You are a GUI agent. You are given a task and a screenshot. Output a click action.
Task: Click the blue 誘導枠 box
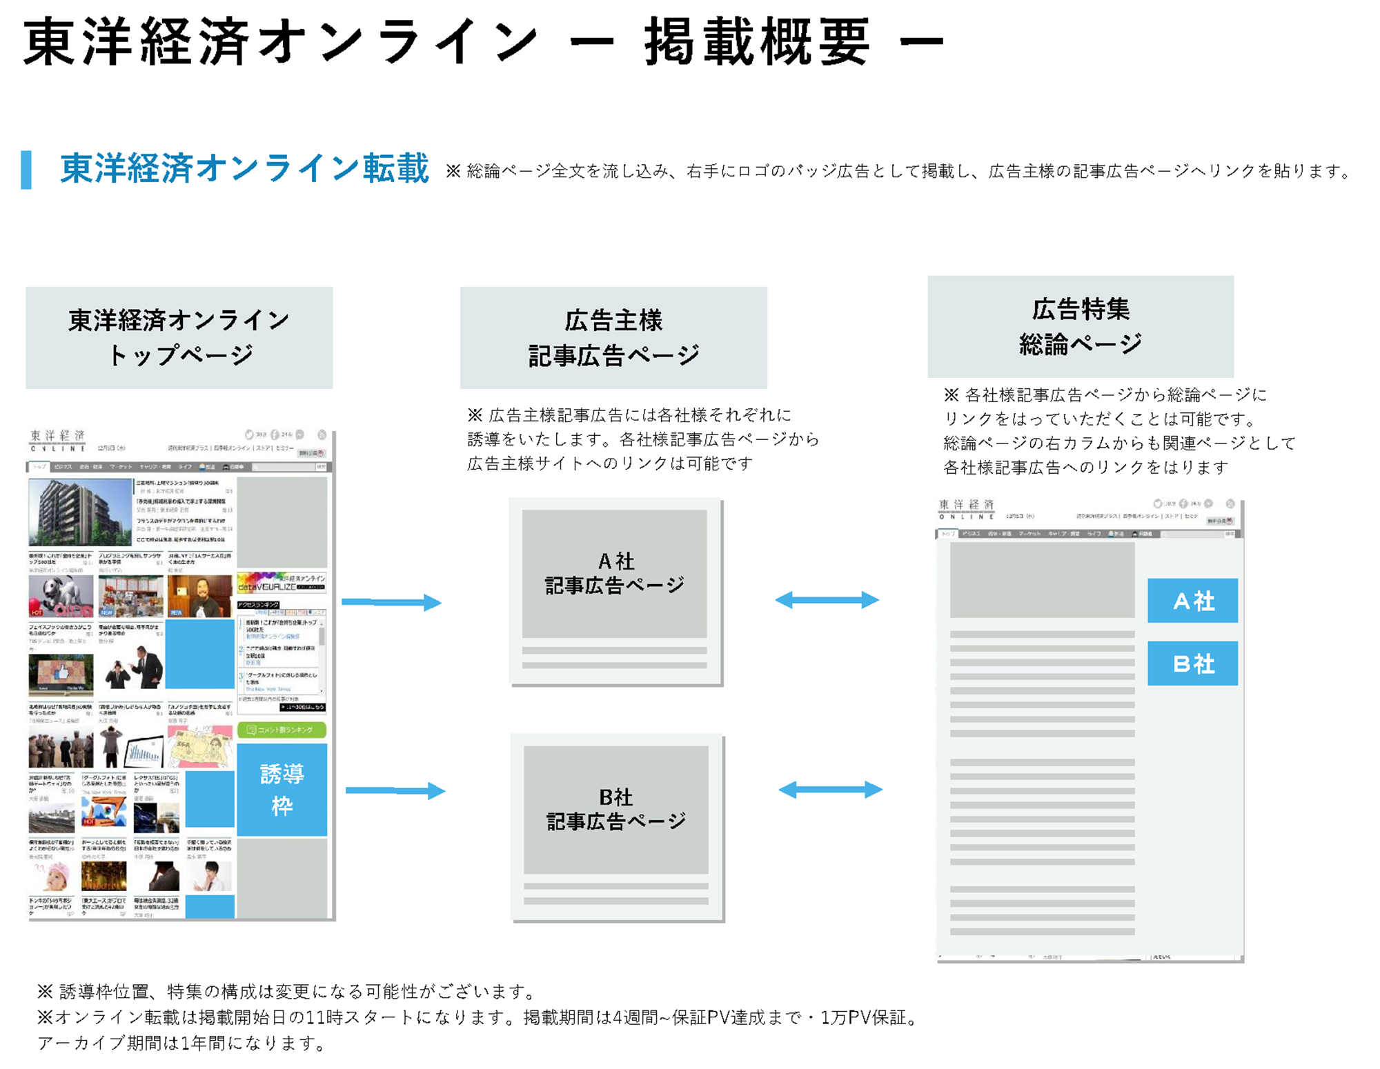click(x=282, y=790)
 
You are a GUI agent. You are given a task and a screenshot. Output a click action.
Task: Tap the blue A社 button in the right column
click(x=1192, y=601)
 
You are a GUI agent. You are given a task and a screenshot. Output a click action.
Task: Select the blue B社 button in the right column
click(x=1192, y=663)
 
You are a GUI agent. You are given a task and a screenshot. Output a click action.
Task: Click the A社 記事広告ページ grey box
click(x=614, y=574)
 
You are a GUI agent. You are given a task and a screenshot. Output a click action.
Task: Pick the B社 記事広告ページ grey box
click(x=615, y=810)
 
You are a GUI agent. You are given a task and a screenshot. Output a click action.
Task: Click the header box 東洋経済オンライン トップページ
click(x=179, y=338)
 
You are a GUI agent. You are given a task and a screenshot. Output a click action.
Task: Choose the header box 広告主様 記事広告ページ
click(x=613, y=338)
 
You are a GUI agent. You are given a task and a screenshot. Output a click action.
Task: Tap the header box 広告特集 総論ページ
click(x=1081, y=327)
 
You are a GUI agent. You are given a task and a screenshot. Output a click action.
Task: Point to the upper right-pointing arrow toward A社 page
click(x=391, y=602)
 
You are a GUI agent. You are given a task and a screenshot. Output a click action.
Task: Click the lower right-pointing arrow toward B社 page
click(x=395, y=790)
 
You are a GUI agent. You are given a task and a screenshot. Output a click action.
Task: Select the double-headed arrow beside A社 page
click(x=827, y=600)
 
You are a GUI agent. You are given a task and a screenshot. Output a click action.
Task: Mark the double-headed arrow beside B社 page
click(x=830, y=790)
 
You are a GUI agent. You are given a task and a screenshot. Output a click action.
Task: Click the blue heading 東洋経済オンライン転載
click(x=244, y=169)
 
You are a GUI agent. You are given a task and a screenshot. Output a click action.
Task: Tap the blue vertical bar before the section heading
click(x=26, y=170)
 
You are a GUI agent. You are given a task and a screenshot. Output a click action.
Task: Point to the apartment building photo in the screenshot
click(x=80, y=512)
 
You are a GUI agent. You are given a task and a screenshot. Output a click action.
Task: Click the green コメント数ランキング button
click(x=282, y=730)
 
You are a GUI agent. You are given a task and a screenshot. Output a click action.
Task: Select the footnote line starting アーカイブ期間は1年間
click(x=181, y=1043)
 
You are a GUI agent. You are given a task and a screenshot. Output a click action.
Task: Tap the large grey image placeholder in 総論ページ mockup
click(x=1042, y=580)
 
